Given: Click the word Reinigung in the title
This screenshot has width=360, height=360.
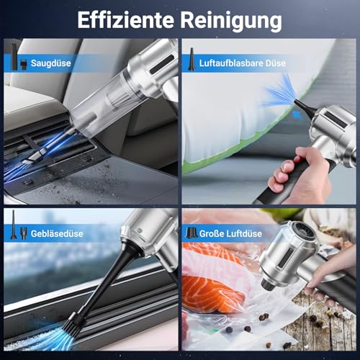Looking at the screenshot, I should (x=232, y=19).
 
